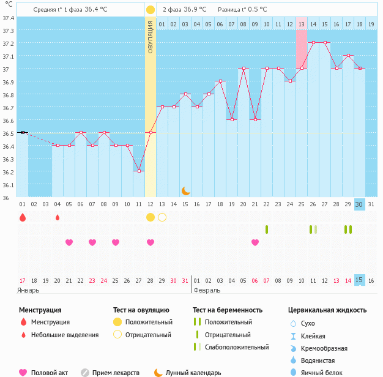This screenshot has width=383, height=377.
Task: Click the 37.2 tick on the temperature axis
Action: (8, 43)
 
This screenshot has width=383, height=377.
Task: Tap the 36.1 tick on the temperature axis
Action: (8, 185)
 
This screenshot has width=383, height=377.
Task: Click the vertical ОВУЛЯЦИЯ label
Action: (151, 37)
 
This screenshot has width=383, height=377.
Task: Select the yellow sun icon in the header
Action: (151, 10)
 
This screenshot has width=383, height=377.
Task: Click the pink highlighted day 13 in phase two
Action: (302, 24)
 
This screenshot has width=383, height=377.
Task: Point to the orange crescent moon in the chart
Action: (185, 191)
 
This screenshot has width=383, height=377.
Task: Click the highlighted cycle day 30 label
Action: (359, 204)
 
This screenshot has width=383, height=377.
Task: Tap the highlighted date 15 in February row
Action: (359, 280)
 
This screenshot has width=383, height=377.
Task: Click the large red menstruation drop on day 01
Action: (23, 217)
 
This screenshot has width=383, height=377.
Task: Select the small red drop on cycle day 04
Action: (58, 217)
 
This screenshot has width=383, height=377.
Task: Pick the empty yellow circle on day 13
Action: (162, 217)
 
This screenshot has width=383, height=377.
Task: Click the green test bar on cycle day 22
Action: (267, 230)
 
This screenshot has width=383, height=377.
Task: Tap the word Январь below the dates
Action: (29, 291)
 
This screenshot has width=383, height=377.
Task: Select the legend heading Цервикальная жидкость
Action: (327, 310)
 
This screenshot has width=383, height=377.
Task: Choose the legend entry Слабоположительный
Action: (237, 348)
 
